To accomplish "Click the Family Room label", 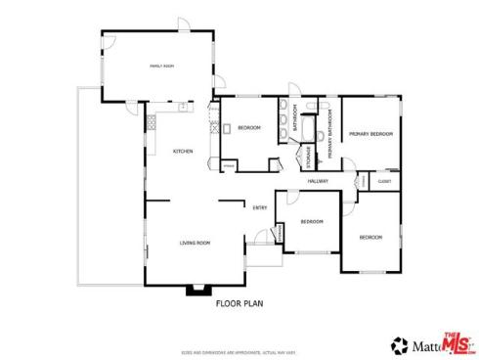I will [x=160, y=66].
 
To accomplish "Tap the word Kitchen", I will [x=183, y=152].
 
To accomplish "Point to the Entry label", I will [x=260, y=207].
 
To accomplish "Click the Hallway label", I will [x=317, y=182].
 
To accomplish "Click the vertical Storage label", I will [x=309, y=156].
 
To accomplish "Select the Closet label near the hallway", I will [x=384, y=182].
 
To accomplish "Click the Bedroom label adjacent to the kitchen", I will [x=247, y=128].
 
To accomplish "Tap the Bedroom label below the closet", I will [x=370, y=238].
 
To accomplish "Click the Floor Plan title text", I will [x=240, y=303].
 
